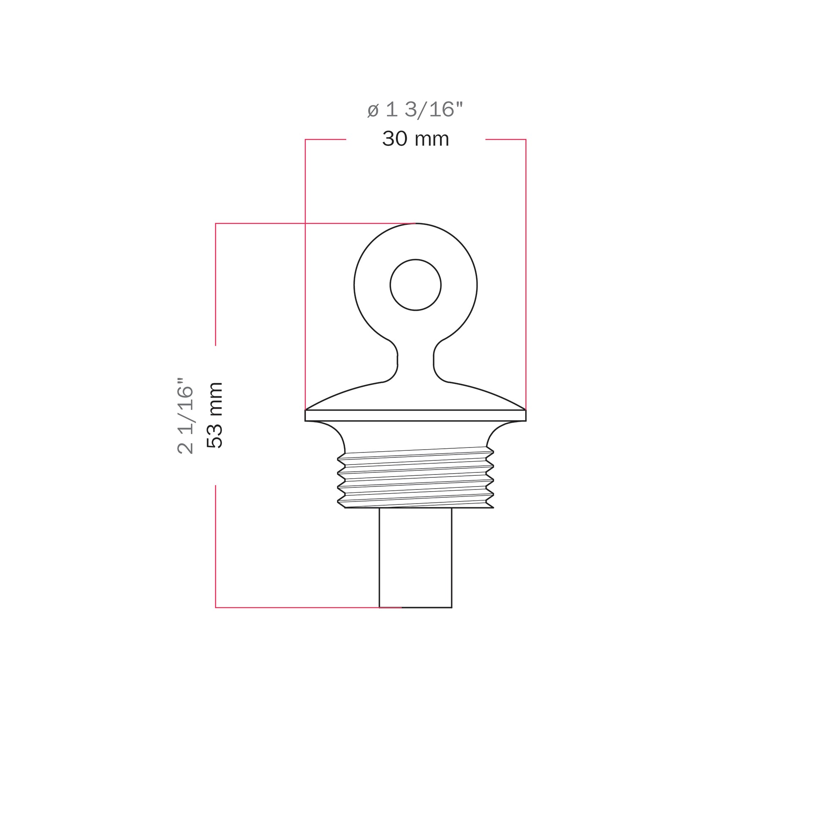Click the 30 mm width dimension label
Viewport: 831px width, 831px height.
pos(415,139)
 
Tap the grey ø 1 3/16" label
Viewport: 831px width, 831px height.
pos(415,110)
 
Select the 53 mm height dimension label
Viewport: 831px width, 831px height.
pos(214,415)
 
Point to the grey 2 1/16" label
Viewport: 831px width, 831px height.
pos(185,415)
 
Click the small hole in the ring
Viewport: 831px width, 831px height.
pos(415,285)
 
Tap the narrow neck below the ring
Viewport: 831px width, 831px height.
pos(415,360)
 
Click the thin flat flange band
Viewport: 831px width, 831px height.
pos(415,415)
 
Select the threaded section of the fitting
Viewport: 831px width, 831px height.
pos(415,477)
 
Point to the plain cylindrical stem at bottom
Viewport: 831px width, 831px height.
pos(415,558)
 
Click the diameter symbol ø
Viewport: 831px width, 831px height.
pos(372,110)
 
